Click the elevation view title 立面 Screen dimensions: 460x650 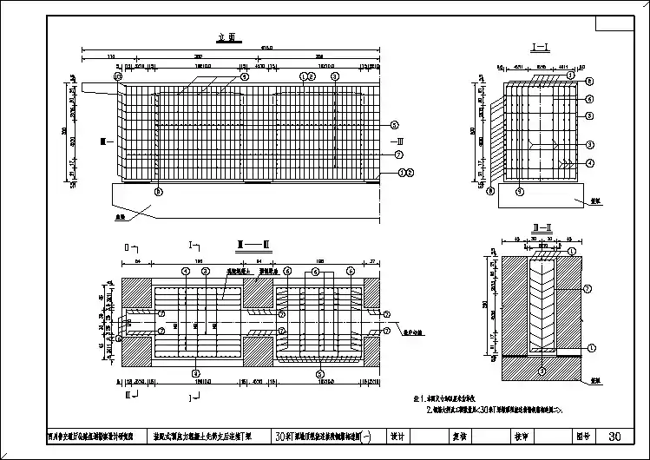click(x=228, y=38)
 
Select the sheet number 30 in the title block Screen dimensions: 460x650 click(x=614, y=437)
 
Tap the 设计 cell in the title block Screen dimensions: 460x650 click(x=398, y=437)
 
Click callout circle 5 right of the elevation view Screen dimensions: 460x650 click(x=394, y=124)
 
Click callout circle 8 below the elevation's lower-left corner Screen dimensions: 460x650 click(x=157, y=191)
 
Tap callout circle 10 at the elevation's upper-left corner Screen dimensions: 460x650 click(x=116, y=76)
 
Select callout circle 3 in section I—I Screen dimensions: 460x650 click(x=589, y=144)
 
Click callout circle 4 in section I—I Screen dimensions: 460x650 click(x=589, y=163)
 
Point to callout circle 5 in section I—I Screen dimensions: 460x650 click(x=589, y=115)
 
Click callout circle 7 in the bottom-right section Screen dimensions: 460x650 click(x=588, y=287)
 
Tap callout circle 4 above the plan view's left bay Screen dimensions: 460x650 click(x=185, y=271)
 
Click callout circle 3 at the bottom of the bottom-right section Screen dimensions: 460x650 click(x=542, y=371)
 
